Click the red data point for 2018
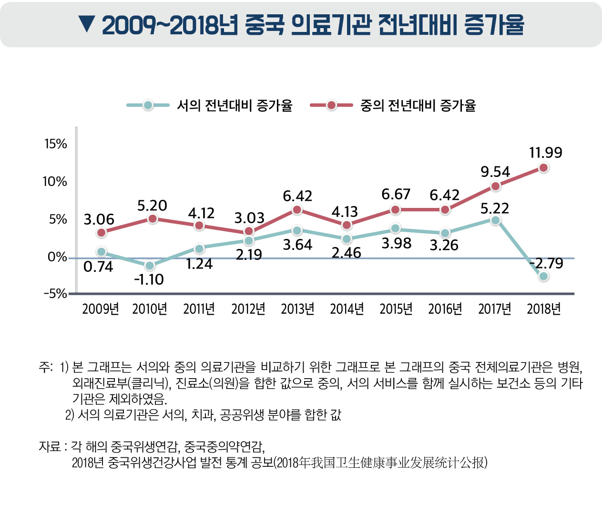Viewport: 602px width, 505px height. point(543,167)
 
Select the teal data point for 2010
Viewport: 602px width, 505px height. point(150,266)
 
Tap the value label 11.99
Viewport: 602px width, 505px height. point(546,153)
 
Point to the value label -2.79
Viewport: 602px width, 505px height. point(547,263)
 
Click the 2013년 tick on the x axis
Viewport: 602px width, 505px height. point(297,309)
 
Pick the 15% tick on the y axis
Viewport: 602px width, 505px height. point(56,144)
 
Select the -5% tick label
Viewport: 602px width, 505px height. point(55,294)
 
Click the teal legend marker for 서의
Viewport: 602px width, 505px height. point(148,105)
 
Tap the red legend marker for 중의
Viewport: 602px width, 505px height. point(332,105)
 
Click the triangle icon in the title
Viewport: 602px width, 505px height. point(87,24)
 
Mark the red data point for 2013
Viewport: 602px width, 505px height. point(297,210)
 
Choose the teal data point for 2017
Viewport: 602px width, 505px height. point(496,220)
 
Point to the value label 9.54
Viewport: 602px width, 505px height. point(495,172)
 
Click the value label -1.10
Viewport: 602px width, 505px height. point(149,279)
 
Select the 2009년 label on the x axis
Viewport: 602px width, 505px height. point(100,309)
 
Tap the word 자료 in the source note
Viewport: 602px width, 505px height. point(50,447)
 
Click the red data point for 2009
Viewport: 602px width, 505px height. point(101,233)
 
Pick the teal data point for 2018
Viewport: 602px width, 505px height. point(543,276)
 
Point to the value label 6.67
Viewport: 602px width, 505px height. point(396,194)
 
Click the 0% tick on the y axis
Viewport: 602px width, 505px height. point(57,258)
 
